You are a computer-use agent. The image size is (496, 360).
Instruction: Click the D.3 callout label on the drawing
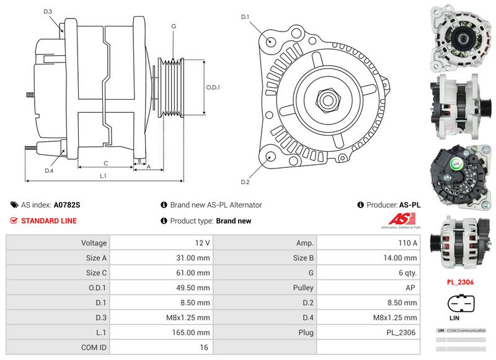(x=48, y=12)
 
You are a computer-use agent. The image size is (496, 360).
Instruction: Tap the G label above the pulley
(x=174, y=26)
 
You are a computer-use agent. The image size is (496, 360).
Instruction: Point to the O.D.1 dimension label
(x=213, y=87)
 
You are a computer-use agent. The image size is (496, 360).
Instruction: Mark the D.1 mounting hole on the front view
(x=271, y=41)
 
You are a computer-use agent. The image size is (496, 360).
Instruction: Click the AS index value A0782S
(x=67, y=204)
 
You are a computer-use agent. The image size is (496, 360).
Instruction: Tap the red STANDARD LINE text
(x=49, y=221)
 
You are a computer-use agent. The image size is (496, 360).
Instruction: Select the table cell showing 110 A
(x=406, y=243)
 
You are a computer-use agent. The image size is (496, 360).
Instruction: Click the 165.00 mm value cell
(x=193, y=333)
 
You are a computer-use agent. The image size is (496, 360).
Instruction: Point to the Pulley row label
(x=303, y=288)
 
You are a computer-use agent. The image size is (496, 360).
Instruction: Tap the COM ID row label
(x=94, y=348)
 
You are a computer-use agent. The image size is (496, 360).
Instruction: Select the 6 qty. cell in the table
(x=405, y=273)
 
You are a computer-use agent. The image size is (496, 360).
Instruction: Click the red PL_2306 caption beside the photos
(x=461, y=282)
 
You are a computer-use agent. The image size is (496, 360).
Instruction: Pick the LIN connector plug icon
(x=461, y=305)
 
